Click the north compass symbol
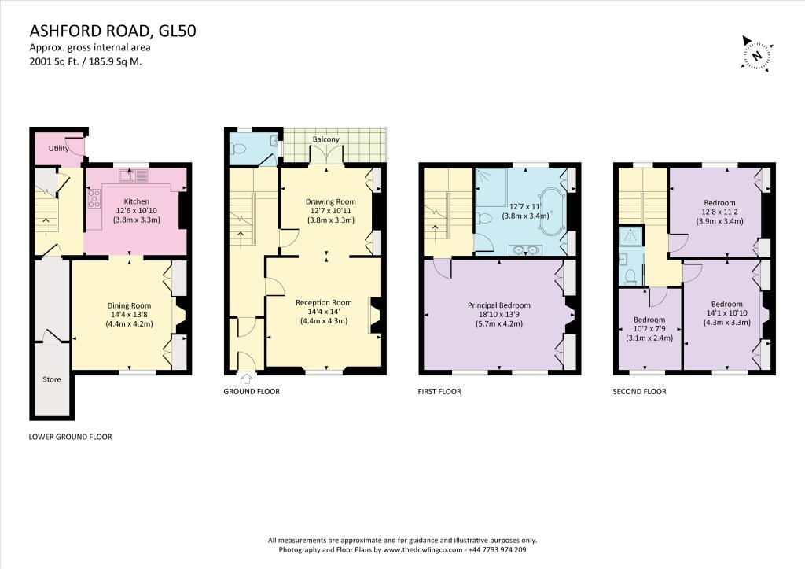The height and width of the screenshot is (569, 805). [x=756, y=55]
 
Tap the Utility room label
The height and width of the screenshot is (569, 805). [x=59, y=149]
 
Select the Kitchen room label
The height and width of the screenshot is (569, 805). [x=137, y=201]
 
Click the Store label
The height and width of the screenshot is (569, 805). [x=52, y=380]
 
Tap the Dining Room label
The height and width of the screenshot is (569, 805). [x=129, y=305]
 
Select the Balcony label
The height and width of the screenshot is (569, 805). [x=325, y=139]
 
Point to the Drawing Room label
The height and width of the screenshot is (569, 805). [x=330, y=201]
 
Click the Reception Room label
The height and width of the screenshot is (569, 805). [x=323, y=302]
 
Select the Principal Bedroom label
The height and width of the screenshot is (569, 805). [x=498, y=305]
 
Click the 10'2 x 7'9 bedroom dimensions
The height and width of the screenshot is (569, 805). [x=649, y=330]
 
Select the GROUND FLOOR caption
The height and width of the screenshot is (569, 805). [x=251, y=391]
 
